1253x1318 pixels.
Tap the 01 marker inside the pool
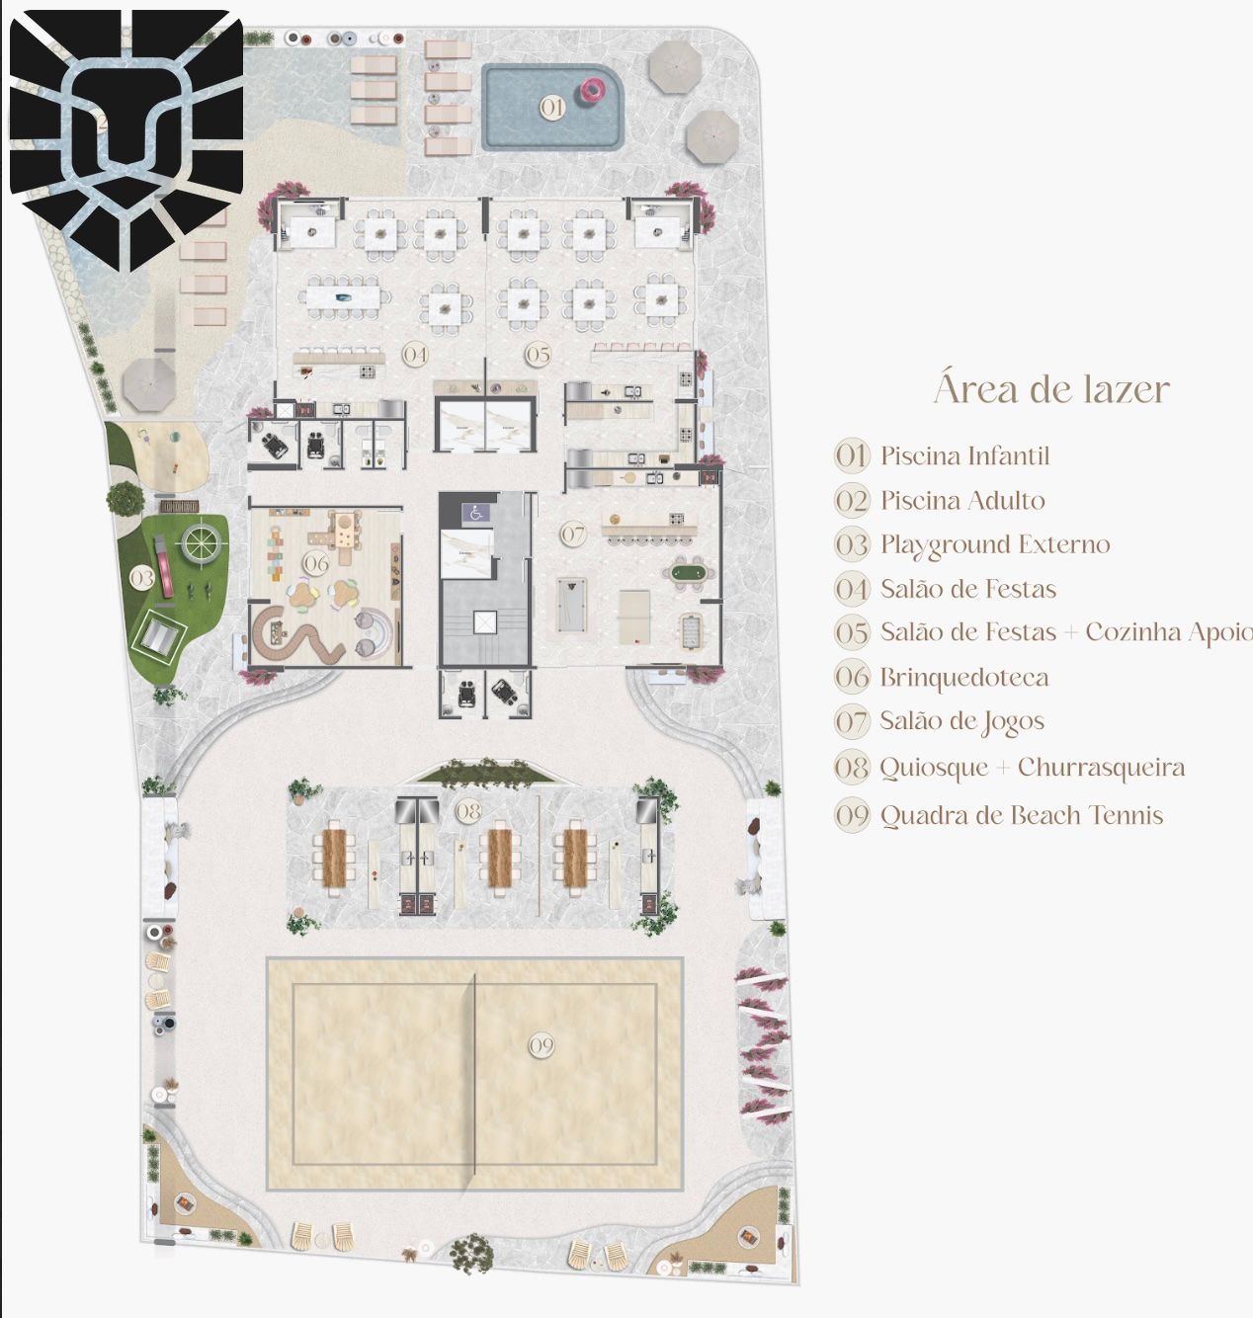click(x=552, y=108)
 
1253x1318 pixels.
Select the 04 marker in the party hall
click(x=415, y=355)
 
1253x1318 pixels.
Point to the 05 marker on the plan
click(x=538, y=355)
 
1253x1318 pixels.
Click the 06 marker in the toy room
click(x=316, y=563)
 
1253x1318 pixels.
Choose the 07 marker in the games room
click(x=573, y=535)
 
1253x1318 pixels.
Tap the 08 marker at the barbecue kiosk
click(x=468, y=812)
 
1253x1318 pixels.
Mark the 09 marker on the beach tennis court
click(x=542, y=1046)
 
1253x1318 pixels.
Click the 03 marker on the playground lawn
click(x=141, y=578)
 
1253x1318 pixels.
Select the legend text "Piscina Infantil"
click(x=964, y=455)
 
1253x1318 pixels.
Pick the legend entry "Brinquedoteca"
click(x=963, y=677)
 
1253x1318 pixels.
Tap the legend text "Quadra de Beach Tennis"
click(x=1022, y=815)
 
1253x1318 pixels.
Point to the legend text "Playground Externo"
click(x=995, y=545)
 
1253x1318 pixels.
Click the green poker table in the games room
click(x=688, y=572)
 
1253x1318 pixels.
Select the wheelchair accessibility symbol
click(x=475, y=514)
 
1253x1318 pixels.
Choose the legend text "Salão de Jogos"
click(x=961, y=722)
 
